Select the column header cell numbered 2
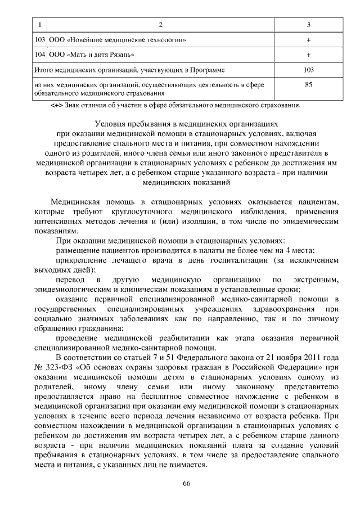pos(161,25)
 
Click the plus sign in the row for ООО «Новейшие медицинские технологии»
pos(308,40)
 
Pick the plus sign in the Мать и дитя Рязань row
pos(308,55)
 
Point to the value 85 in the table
pos(308,85)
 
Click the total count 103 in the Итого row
pos(308,70)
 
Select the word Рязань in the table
pos(121,55)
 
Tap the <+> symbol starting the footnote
pos(57,105)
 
